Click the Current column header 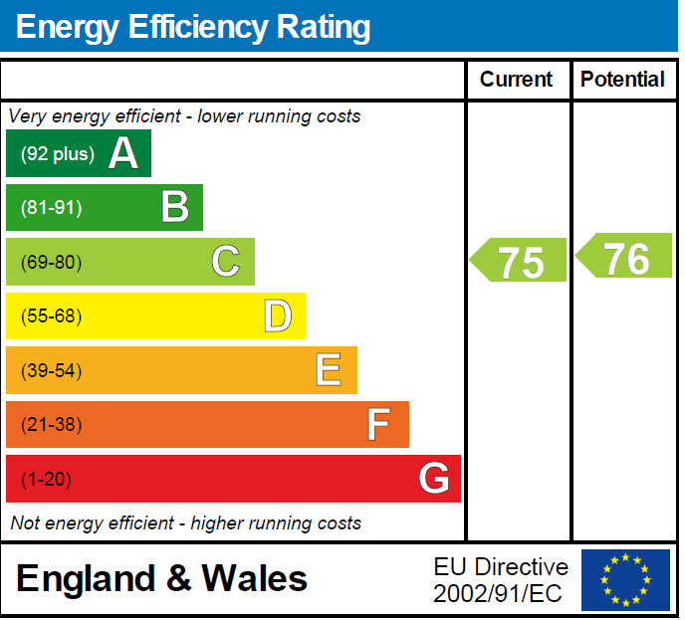[x=516, y=80]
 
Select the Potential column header [x=622, y=80]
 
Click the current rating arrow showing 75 [x=520, y=262]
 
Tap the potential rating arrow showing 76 [x=625, y=258]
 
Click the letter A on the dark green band [x=122, y=153]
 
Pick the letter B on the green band [x=175, y=207]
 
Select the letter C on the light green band [x=226, y=262]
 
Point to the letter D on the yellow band [x=278, y=316]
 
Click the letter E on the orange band [x=330, y=370]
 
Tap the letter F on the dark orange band [x=378, y=425]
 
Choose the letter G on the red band [x=434, y=479]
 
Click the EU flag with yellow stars [x=625, y=579]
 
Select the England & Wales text [x=162, y=578]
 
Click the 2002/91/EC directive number [x=498, y=594]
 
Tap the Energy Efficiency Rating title [x=193, y=27]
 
